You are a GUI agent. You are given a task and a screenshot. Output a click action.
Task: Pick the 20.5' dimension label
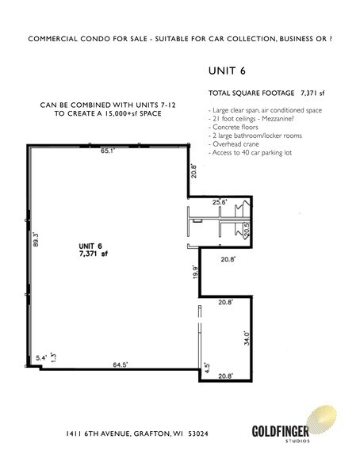tap(247, 230)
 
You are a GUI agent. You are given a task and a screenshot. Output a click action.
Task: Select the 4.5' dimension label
tap(207, 367)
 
